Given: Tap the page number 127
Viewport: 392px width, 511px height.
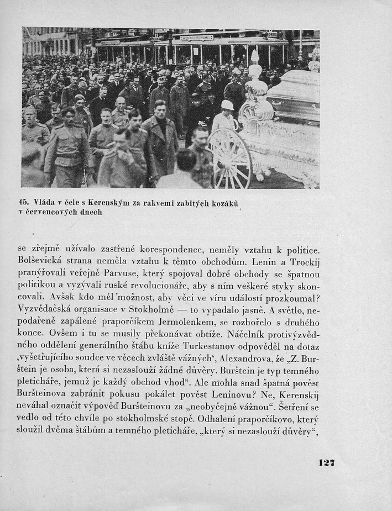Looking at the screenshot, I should pyautogui.click(x=327, y=462).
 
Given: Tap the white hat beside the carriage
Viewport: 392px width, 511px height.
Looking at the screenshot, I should pyautogui.click(x=227, y=104).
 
